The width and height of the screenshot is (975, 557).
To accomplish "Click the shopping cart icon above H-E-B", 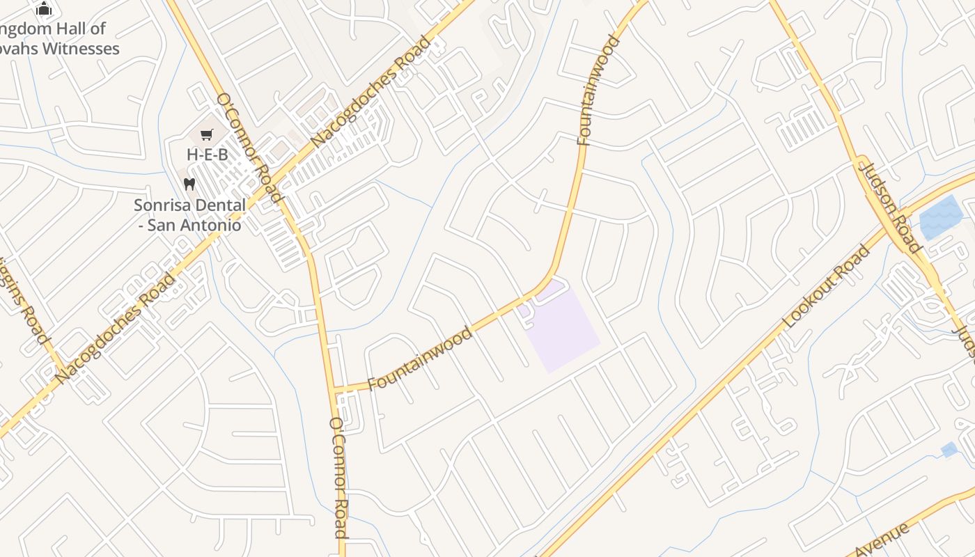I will (x=206, y=134).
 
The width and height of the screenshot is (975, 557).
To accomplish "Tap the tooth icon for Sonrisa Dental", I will (x=189, y=185).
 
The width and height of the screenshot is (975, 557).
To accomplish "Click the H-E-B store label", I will (x=207, y=155).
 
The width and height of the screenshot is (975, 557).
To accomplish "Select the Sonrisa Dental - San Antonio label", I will (x=189, y=215).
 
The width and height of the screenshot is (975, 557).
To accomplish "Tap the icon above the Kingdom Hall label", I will (x=44, y=8).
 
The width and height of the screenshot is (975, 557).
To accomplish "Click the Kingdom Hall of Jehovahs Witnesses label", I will (x=59, y=39).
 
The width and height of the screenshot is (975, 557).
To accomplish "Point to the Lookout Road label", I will (x=827, y=286).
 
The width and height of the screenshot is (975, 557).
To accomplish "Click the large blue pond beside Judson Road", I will (x=940, y=217).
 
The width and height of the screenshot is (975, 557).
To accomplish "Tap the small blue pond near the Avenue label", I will (x=949, y=450).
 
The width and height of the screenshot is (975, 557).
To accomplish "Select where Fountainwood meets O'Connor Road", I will (x=335, y=391).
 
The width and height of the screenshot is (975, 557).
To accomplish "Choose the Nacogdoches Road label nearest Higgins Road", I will (x=116, y=328).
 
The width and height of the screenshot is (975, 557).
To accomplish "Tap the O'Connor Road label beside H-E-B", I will (x=249, y=148).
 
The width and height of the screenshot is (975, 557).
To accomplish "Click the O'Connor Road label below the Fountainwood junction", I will (x=338, y=478).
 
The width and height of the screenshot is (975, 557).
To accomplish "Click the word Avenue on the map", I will (x=882, y=540).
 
